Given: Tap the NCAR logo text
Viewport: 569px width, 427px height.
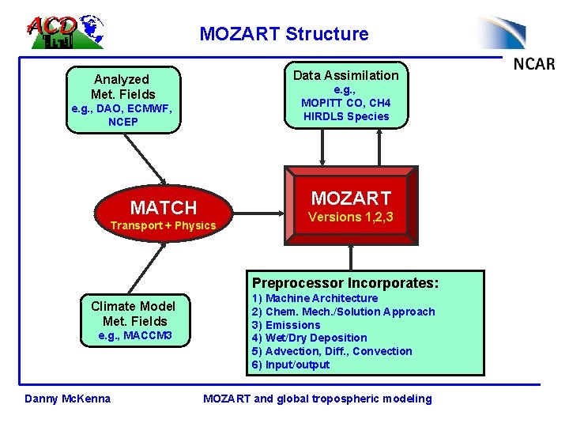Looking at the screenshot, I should click(534, 64).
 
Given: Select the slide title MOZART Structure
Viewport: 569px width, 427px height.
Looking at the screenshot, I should click(284, 34).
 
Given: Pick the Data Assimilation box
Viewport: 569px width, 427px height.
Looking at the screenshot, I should click(345, 94).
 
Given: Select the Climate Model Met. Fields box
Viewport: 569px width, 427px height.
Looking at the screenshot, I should click(134, 319).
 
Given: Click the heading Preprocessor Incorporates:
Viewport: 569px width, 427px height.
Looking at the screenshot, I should click(345, 282).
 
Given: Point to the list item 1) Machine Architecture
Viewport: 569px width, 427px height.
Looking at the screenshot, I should click(315, 298).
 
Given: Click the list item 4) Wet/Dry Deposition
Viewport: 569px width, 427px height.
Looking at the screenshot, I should click(309, 338).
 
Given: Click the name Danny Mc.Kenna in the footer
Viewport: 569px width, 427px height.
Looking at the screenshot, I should click(68, 399).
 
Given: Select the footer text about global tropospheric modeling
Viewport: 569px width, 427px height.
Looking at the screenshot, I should click(318, 399).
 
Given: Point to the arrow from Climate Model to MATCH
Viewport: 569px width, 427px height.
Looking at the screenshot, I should click(145, 268).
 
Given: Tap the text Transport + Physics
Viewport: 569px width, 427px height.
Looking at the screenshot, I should click(163, 226).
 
